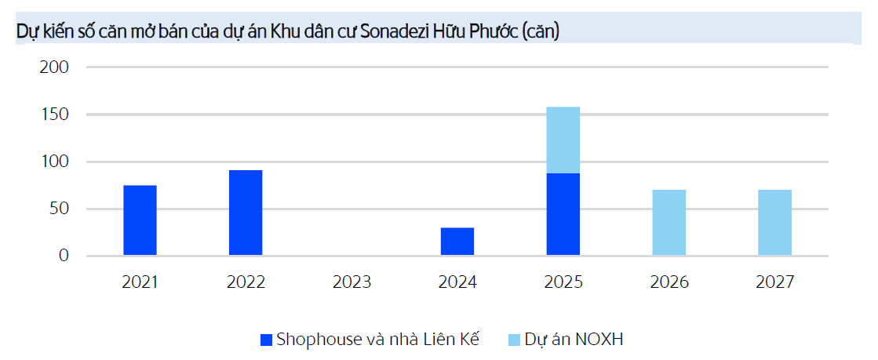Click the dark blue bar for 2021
(x=140, y=220)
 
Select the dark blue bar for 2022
(x=246, y=213)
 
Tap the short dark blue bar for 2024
(x=457, y=242)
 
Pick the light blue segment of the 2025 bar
(x=563, y=140)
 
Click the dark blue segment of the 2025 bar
(x=563, y=214)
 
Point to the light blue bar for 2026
(x=669, y=223)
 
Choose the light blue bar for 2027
(x=774, y=223)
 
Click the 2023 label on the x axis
(x=352, y=282)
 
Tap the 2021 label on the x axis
(x=140, y=282)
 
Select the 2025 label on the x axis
(x=563, y=282)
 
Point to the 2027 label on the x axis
(x=774, y=282)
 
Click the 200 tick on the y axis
(x=54, y=67)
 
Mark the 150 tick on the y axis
(x=54, y=115)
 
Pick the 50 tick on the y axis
(x=59, y=209)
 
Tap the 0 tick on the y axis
(x=64, y=256)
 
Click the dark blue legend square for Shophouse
(x=266, y=340)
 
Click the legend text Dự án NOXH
(x=576, y=340)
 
